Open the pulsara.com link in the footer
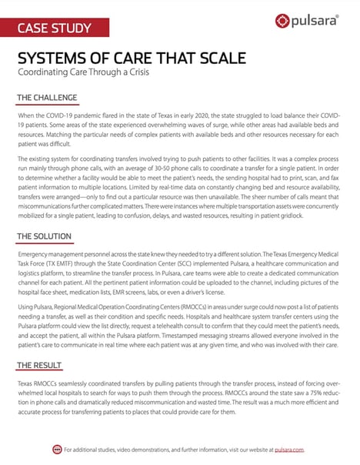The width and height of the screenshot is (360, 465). click(x=289, y=449)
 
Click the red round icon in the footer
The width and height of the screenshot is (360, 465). click(x=55, y=449)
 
